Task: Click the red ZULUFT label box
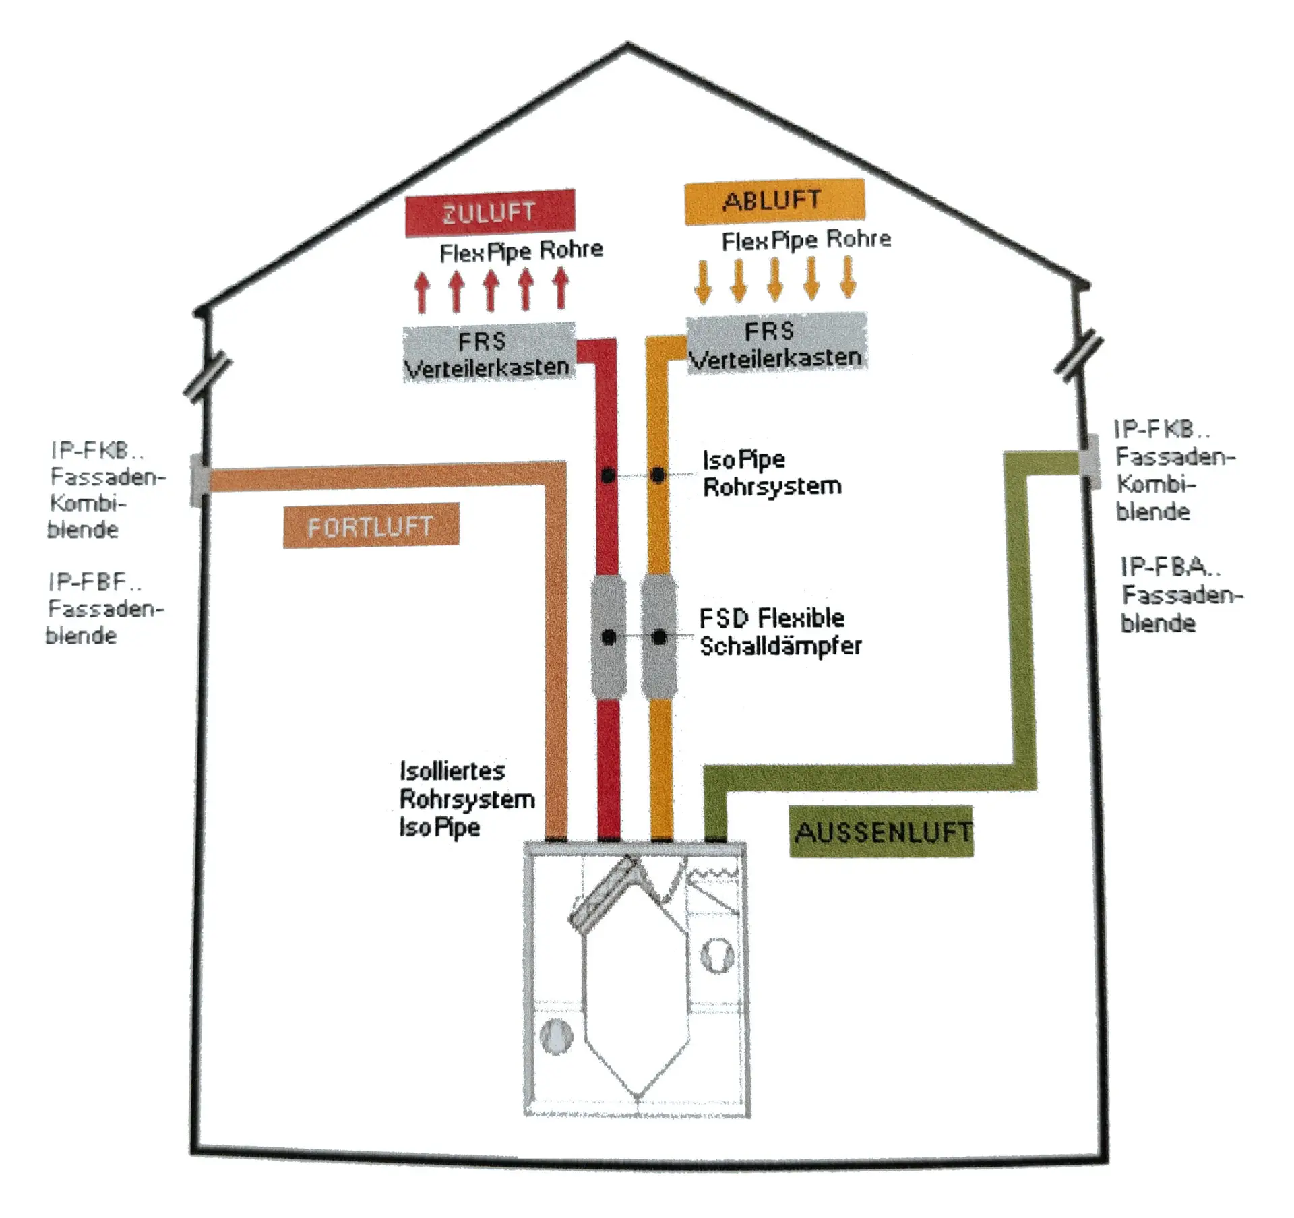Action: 490,213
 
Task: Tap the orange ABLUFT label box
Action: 774,201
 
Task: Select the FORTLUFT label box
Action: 371,526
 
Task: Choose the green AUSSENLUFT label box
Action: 882,832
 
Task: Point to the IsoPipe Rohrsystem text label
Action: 771,473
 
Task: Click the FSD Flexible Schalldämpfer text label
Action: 780,632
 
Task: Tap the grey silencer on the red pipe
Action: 609,636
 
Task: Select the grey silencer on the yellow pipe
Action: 659,636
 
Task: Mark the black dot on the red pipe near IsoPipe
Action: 608,476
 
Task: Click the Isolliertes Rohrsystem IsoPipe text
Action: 466,799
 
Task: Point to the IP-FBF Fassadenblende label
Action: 105,608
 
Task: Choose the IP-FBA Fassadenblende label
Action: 1179,595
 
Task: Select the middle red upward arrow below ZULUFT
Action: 491,291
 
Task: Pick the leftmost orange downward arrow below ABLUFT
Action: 704,280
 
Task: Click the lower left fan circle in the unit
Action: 557,1035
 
